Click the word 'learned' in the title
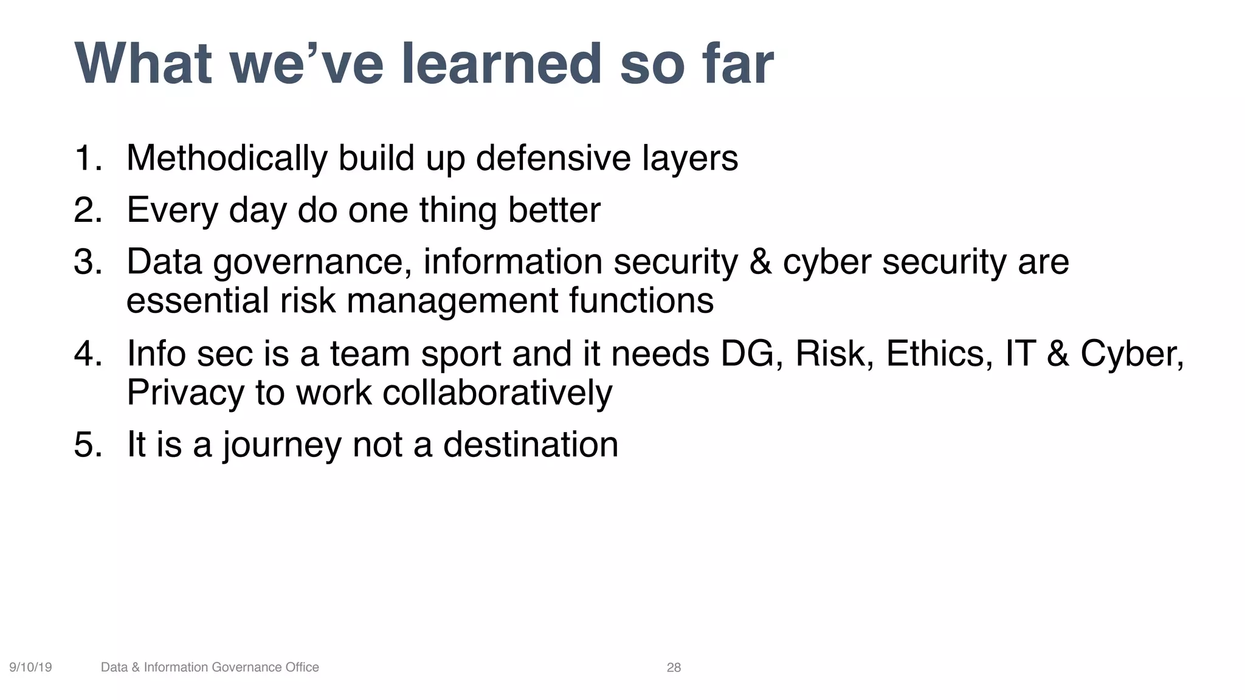(x=501, y=64)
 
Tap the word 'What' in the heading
(x=143, y=64)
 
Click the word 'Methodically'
(x=227, y=158)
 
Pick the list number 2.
(x=87, y=210)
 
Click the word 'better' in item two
(x=554, y=210)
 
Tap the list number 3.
(x=87, y=262)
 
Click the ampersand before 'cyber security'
(x=760, y=262)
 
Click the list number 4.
(x=87, y=354)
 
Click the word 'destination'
(x=530, y=444)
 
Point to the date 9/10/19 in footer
(x=30, y=667)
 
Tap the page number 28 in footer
(x=674, y=667)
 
